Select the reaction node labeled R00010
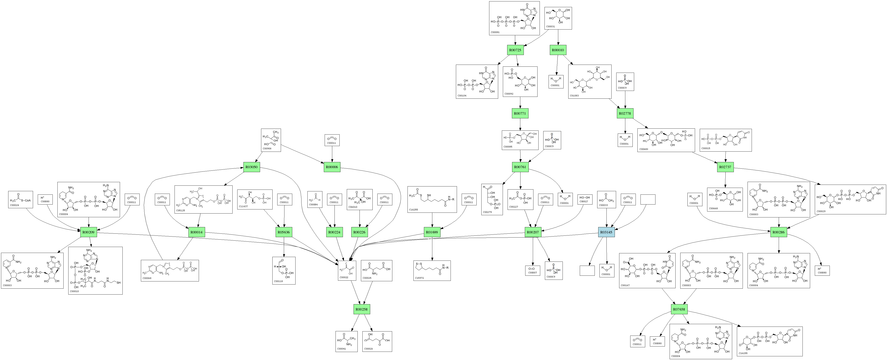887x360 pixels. tap(558, 50)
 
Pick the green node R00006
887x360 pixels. tap(332, 167)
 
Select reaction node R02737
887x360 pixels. tap(725, 167)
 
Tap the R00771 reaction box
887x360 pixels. tap(520, 113)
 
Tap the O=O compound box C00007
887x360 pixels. tap(533, 270)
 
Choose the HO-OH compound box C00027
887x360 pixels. tap(585, 199)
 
